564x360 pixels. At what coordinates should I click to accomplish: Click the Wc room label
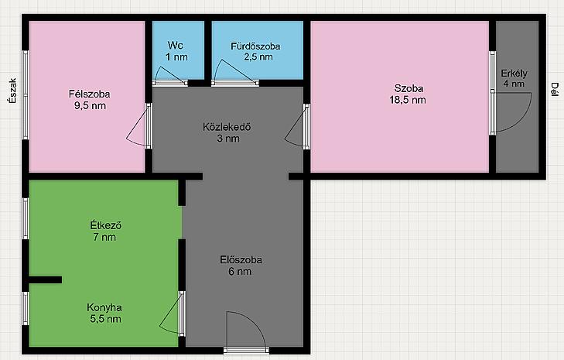(176, 46)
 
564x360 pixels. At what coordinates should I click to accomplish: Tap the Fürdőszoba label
(256, 46)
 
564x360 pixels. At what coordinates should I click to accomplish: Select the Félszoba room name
(90, 94)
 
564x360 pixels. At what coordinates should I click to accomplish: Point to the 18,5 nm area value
(408, 100)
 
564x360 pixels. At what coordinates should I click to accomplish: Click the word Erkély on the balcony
(514, 74)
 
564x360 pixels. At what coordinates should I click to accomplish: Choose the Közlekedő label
(227, 127)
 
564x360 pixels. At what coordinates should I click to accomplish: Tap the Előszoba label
(241, 259)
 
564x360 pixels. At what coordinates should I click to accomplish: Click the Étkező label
(106, 226)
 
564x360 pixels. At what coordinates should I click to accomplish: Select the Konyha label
(104, 307)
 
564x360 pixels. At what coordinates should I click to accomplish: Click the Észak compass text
(13, 91)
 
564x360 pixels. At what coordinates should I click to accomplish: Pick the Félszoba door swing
(137, 127)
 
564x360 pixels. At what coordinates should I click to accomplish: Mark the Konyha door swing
(169, 314)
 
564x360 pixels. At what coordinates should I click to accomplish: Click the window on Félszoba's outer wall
(26, 94)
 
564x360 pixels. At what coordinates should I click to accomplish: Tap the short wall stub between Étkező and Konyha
(46, 279)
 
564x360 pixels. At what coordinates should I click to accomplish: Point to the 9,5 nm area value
(90, 106)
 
